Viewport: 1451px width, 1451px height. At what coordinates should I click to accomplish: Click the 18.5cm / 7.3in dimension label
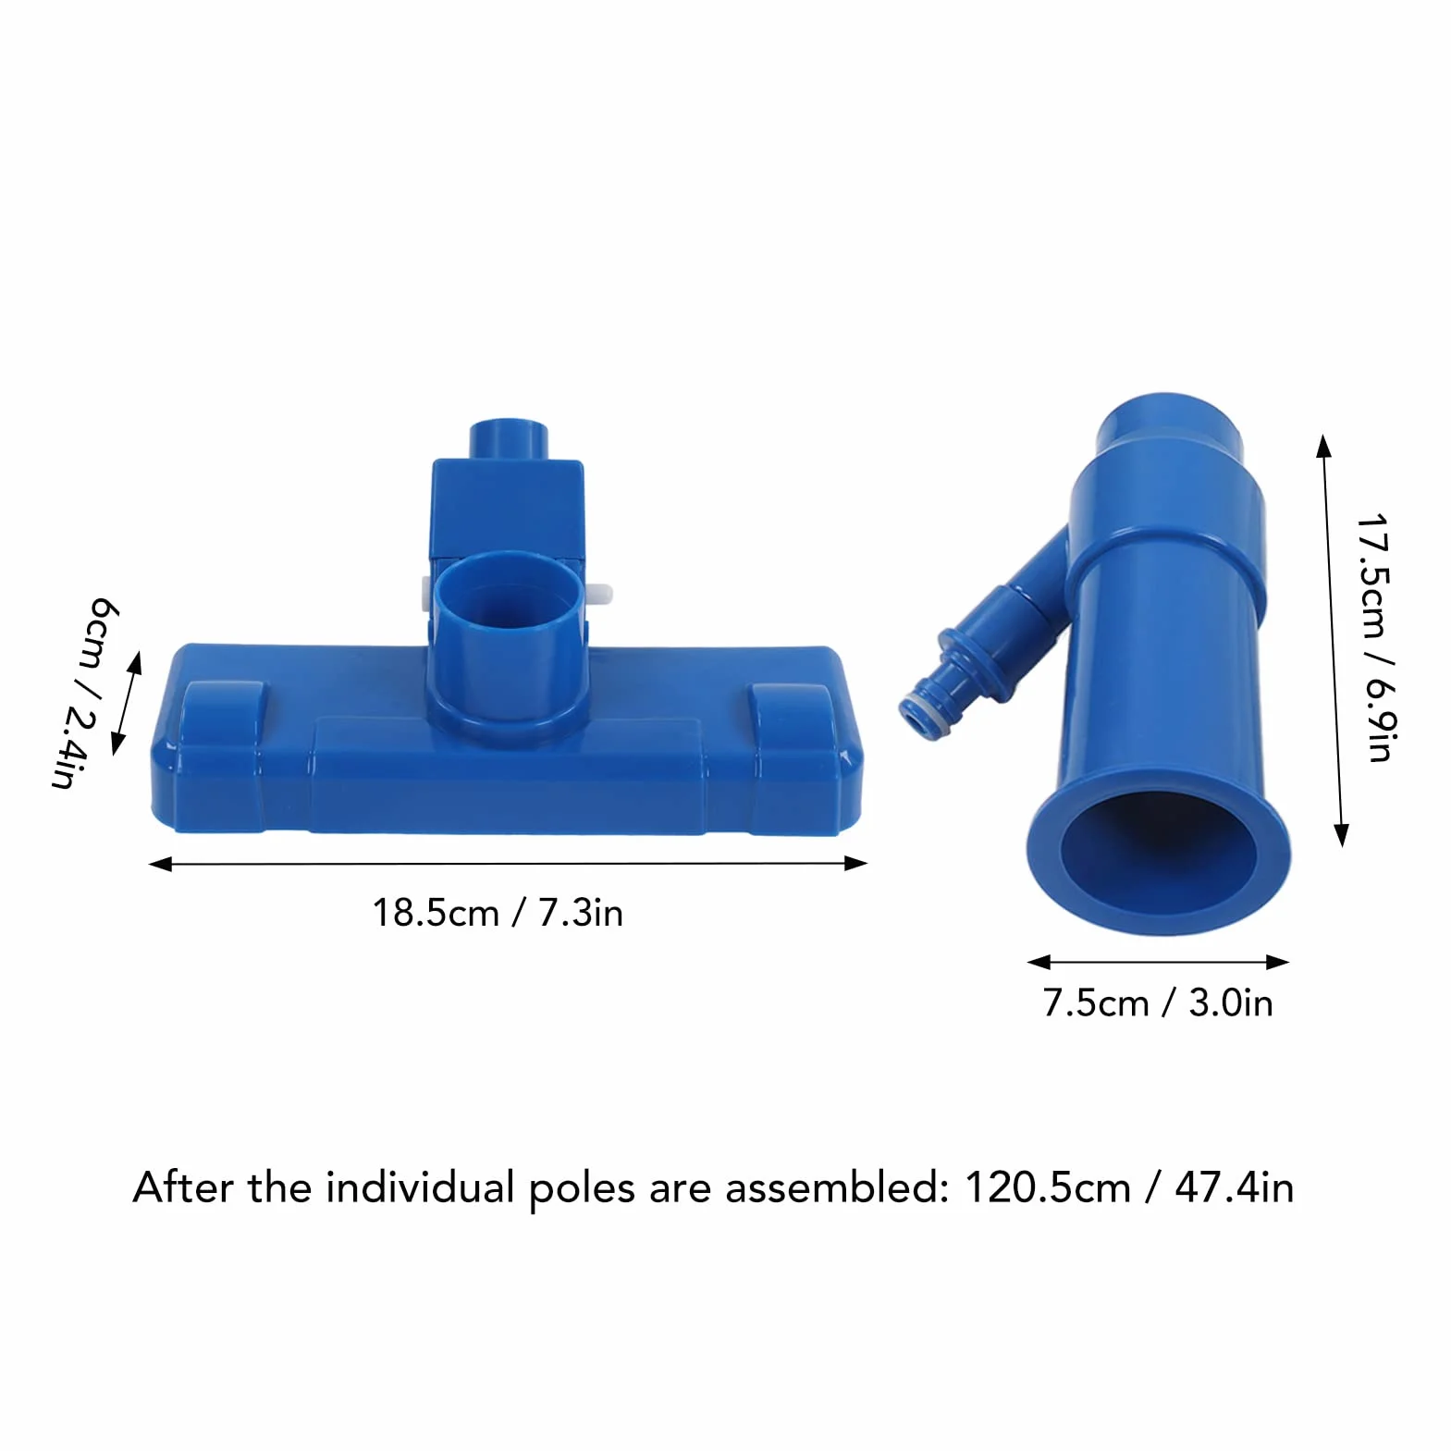point(498,913)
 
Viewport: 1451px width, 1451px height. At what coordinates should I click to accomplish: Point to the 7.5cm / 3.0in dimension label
point(1158,1002)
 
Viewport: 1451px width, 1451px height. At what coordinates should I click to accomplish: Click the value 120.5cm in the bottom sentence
point(1048,1187)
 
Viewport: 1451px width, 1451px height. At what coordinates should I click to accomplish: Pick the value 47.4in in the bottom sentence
point(1235,1187)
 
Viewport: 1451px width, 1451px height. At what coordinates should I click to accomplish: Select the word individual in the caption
point(420,1187)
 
